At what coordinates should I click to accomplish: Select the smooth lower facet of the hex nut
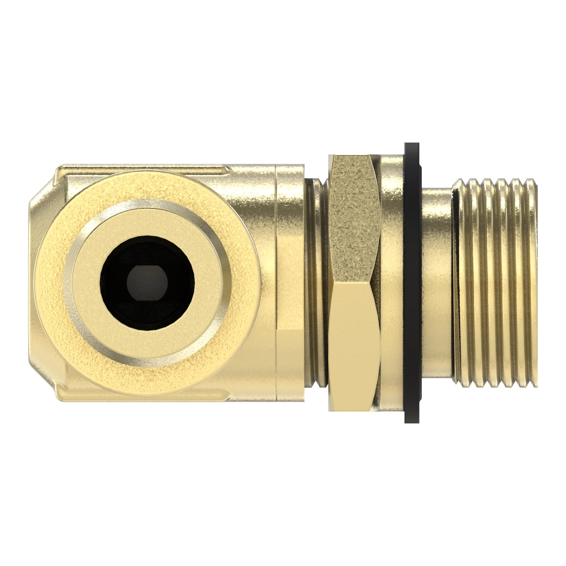(354, 346)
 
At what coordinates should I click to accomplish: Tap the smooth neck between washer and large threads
(436, 281)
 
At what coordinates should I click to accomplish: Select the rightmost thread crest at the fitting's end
(533, 281)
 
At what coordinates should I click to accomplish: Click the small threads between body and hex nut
(316, 281)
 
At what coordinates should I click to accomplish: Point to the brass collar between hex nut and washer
(392, 281)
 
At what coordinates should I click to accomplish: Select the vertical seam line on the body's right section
(277, 281)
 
